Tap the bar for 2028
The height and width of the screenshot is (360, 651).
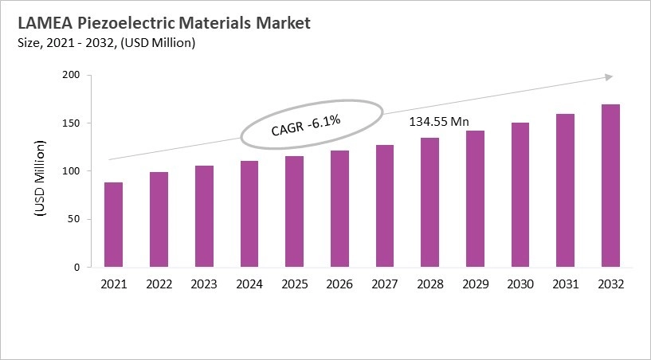[429, 202]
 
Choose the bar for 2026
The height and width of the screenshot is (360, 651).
[339, 209]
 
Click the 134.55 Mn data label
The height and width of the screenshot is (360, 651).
[439, 123]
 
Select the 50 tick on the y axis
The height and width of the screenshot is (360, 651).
[74, 219]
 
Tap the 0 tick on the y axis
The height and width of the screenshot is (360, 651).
[76, 268]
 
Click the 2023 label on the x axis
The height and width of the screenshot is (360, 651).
[203, 284]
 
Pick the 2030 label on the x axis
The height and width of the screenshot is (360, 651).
[520, 284]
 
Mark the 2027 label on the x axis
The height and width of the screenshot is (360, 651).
[384, 284]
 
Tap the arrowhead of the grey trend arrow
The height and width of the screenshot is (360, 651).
[608, 76]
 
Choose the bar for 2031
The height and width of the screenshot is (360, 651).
[565, 190]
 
